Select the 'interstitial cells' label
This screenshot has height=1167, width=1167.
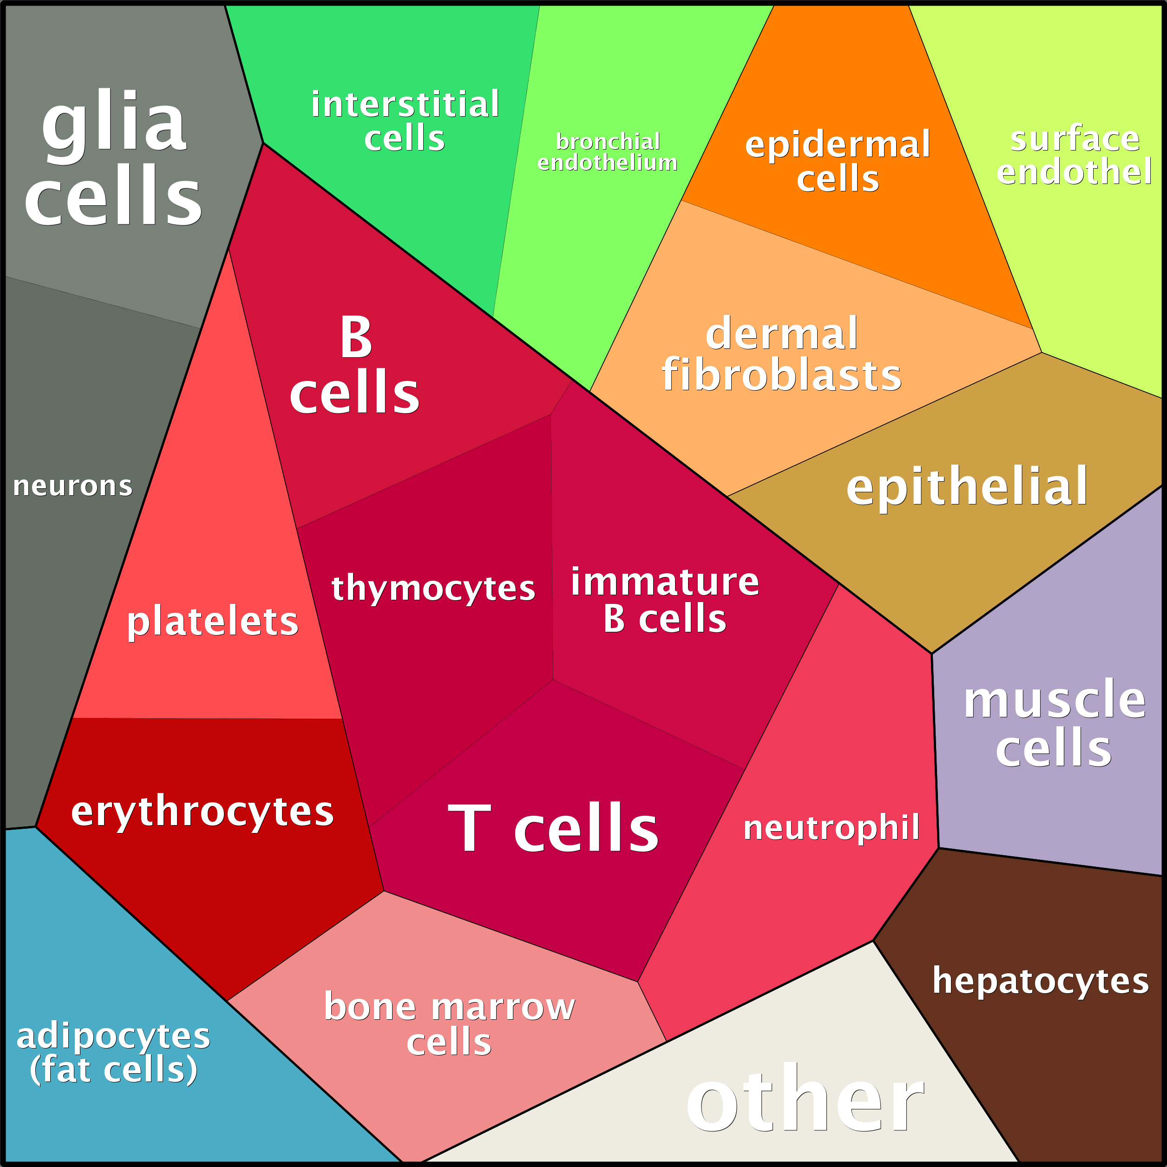click(x=405, y=121)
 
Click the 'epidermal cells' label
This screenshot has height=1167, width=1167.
click(x=838, y=161)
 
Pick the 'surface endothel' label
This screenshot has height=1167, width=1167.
click(x=1075, y=155)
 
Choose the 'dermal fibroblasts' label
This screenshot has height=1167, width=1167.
click(x=781, y=354)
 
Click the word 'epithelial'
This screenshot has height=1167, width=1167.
click(x=967, y=487)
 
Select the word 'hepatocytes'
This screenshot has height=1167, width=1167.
click(x=1041, y=982)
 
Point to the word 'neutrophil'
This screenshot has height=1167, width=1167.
click(x=832, y=827)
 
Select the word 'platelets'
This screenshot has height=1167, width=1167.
click(x=213, y=622)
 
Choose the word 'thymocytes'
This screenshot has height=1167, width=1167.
click(x=433, y=588)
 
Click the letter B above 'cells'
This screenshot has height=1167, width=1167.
click(x=356, y=337)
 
